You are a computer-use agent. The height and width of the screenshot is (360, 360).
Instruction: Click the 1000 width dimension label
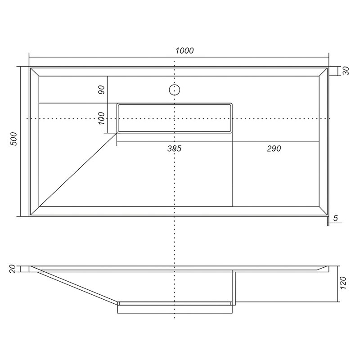[184, 50]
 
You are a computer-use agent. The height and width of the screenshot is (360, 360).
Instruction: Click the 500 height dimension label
[14, 139]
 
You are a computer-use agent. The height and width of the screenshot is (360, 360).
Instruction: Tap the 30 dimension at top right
[346, 71]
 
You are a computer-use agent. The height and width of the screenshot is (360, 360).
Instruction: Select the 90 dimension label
[101, 90]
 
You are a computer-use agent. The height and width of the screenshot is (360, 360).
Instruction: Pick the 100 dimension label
[101, 118]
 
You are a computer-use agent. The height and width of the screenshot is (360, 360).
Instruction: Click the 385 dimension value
[174, 148]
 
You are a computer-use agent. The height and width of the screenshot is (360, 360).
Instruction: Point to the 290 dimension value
[274, 148]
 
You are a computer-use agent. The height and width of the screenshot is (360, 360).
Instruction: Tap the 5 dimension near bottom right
[336, 218]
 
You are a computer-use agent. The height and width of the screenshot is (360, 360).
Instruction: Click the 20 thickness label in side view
[13, 269]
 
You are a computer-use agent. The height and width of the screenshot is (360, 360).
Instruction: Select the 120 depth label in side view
[342, 283]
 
